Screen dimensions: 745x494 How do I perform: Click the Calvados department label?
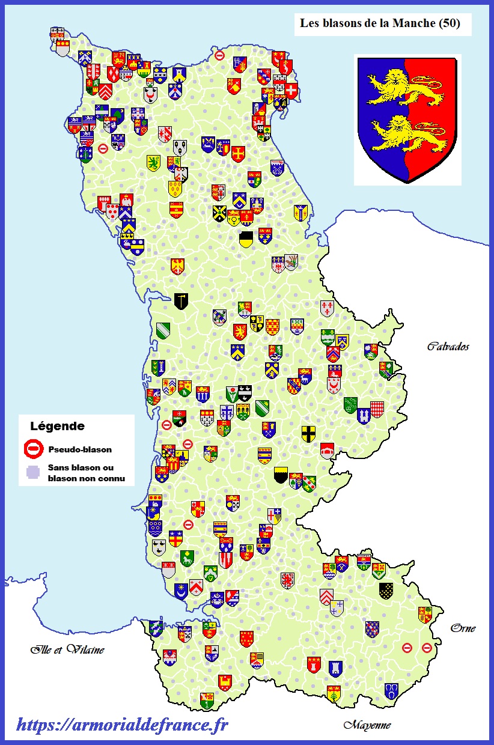pos(448,346)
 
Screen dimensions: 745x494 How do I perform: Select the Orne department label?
pos(463,628)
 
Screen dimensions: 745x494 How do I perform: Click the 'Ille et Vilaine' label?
pos(67,649)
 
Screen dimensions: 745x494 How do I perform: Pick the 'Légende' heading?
pos(57,427)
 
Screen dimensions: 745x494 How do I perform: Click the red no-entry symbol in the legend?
pos(34,448)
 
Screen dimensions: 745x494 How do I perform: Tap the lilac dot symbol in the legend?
pos(34,472)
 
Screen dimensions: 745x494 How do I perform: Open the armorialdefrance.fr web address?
pos(122,725)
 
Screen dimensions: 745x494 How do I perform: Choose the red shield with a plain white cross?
pos(292,91)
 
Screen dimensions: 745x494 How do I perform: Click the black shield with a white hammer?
pos(181,301)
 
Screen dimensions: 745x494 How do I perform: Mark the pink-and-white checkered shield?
pos(377,409)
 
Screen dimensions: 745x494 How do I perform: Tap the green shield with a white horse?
pos(187,558)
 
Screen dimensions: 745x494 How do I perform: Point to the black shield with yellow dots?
pos(386,590)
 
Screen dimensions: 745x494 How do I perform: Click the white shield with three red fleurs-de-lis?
pos(327,308)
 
